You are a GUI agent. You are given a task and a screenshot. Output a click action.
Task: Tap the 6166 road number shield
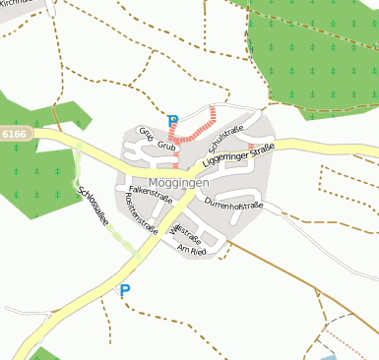tap(17, 133)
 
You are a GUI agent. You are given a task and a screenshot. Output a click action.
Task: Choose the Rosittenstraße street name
tap(142, 211)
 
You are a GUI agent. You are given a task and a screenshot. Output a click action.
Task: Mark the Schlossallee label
tap(93, 207)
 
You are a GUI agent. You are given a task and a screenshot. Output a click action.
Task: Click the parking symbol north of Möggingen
tap(173, 121)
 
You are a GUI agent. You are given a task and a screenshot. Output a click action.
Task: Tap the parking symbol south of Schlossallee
tap(124, 290)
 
